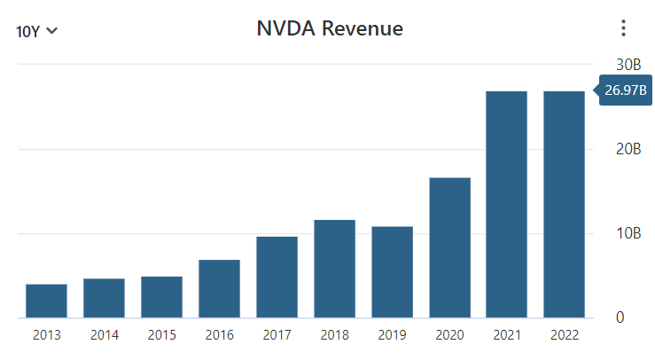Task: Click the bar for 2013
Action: click(46, 301)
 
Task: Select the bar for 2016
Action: click(219, 289)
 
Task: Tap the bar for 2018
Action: click(334, 269)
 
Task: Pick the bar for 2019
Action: click(392, 272)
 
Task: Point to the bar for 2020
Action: click(449, 247)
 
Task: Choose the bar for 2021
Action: click(507, 204)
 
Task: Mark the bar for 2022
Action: click(565, 204)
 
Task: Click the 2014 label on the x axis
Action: click(104, 335)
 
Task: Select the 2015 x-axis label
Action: click(161, 335)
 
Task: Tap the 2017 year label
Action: click(277, 335)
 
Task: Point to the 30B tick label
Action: click(628, 65)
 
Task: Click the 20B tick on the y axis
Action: click(628, 149)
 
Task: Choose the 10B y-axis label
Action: click(628, 233)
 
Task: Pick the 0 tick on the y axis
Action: click(620, 317)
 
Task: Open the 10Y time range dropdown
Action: click(37, 31)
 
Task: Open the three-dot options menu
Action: click(623, 28)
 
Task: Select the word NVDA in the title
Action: click(285, 28)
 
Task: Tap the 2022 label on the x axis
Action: click(565, 335)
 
